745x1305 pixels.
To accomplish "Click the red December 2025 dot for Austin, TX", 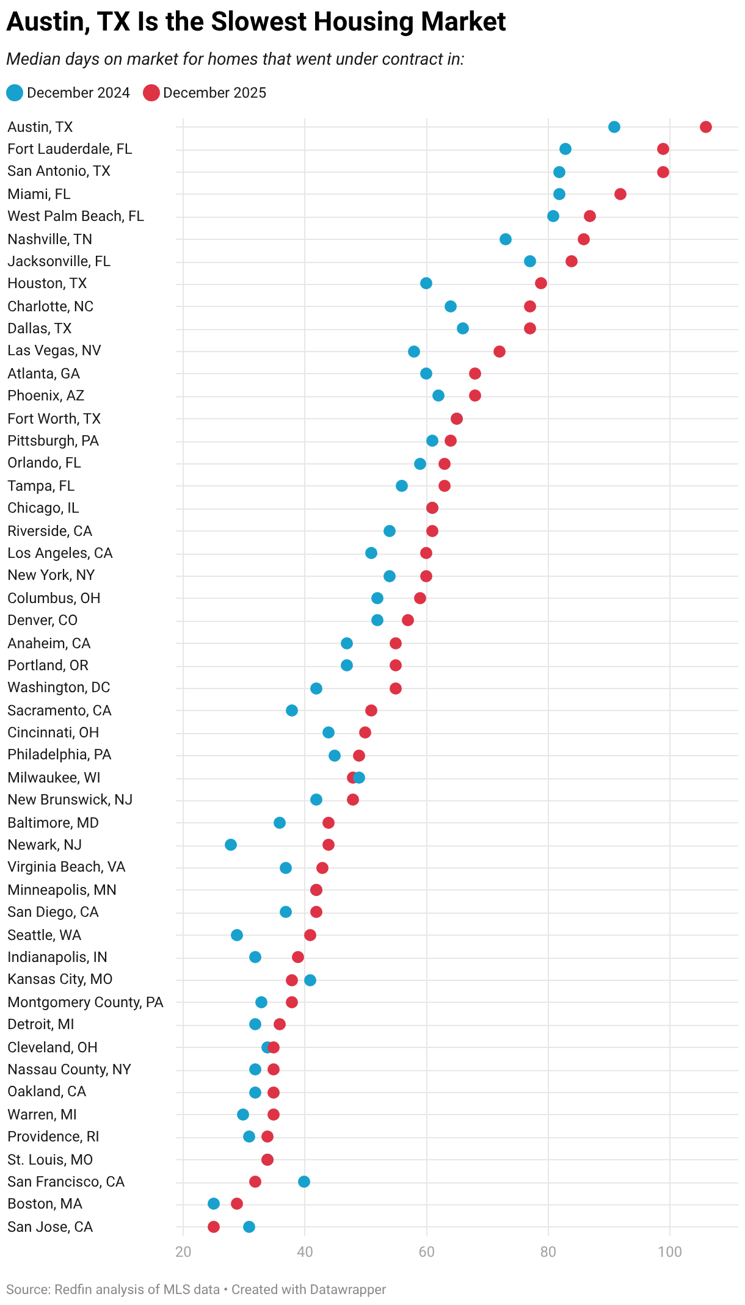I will point(705,127).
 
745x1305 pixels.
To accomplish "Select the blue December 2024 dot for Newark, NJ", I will point(230,845).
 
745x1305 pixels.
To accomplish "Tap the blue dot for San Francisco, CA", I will point(303,1182).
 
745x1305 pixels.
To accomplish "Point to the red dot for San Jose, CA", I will point(213,1227).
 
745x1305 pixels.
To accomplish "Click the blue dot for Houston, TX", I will point(426,283).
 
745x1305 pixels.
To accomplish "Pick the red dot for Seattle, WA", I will point(310,935).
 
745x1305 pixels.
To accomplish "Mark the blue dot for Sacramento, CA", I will point(291,710).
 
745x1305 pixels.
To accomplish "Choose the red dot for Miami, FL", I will point(620,194).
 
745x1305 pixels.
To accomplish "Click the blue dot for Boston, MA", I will point(213,1204).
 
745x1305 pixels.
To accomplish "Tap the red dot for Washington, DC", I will point(395,689).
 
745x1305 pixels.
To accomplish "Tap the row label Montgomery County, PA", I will point(85,1002).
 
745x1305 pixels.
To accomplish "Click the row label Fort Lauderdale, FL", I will point(70,149).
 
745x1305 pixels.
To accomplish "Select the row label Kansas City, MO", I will point(60,979).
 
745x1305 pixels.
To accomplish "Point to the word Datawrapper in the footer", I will point(347,1290).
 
